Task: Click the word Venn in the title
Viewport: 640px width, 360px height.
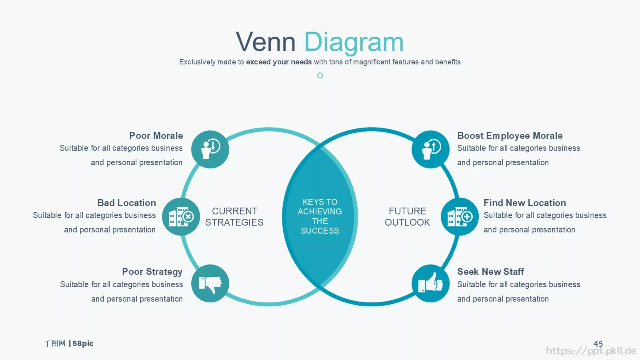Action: (x=266, y=42)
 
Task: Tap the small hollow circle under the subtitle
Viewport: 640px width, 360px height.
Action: (x=320, y=76)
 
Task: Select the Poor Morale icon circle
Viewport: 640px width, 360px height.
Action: (x=210, y=150)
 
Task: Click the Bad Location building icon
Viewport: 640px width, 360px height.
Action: (x=181, y=216)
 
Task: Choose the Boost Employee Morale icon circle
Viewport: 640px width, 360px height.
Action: (x=430, y=150)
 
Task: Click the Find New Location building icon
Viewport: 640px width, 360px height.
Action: (x=460, y=216)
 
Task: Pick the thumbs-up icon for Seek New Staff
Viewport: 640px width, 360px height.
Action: (x=430, y=282)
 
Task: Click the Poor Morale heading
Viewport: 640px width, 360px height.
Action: (x=156, y=136)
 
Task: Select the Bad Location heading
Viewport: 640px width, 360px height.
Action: (x=126, y=203)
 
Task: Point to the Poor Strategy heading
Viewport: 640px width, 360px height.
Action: (x=152, y=272)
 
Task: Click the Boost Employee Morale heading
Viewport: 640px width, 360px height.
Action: (x=510, y=136)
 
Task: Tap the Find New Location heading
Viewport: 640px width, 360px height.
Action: (x=524, y=203)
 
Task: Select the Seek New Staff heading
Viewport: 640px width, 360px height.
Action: (x=490, y=272)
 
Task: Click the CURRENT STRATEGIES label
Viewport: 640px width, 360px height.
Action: (x=234, y=216)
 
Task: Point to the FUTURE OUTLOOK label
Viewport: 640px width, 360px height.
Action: (x=407, y=216)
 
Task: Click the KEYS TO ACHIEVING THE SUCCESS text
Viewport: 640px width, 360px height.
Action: (x=320, y=216)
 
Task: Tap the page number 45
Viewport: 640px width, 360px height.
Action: (x=598, y=344)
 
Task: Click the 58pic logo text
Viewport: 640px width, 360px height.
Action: (x=83, y=344)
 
